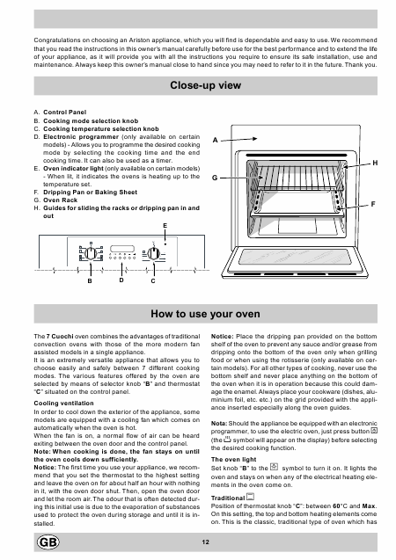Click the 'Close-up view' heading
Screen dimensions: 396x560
[206, 85]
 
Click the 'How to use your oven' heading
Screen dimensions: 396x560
[206, 314]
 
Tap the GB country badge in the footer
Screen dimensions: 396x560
[48, 542]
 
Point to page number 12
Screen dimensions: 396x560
[206, 542]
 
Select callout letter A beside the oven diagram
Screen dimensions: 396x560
[215, 141]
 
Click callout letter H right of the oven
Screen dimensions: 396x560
[375, 163]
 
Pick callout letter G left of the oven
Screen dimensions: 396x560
[215, 178]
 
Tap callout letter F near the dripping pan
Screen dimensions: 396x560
[373, 204]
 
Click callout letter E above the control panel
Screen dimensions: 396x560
[165, 226]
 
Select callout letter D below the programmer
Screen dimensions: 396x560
[121, 280]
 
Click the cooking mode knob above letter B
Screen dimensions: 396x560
[91, 253]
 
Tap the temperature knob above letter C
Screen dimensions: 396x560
[153, 253]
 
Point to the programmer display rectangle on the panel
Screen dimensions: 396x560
[122, 249]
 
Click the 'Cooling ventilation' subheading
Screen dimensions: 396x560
[63, 404]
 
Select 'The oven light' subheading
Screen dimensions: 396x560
[233, 460]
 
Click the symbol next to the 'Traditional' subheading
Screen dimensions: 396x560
[251, 497]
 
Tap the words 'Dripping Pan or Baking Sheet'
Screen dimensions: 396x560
[90, 193]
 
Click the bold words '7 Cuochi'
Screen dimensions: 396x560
[60, 337]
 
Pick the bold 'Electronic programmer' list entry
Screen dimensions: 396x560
[81, 137]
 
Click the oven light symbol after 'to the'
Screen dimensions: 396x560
[275, 467]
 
